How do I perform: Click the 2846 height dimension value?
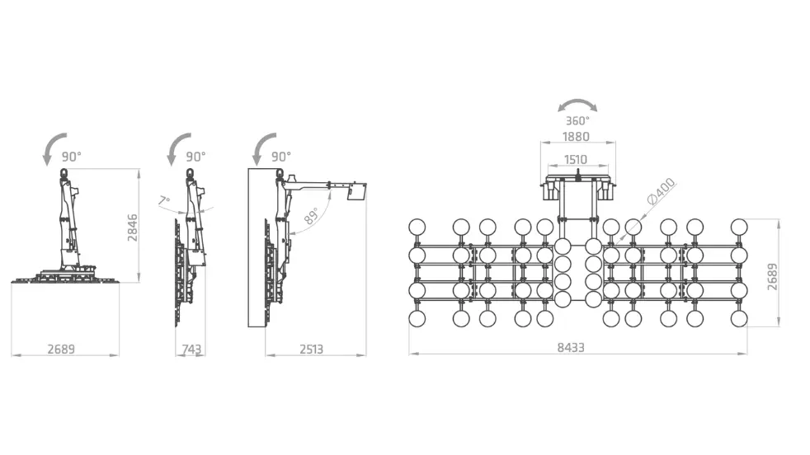133,227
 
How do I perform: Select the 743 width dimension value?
191,349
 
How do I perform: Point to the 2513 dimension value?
312,349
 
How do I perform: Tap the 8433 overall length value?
571,348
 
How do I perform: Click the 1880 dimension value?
576,137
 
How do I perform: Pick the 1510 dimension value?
576,160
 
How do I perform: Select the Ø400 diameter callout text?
661,190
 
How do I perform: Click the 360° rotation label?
577,121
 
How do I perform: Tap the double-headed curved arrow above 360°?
577,101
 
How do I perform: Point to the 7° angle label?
164,200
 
